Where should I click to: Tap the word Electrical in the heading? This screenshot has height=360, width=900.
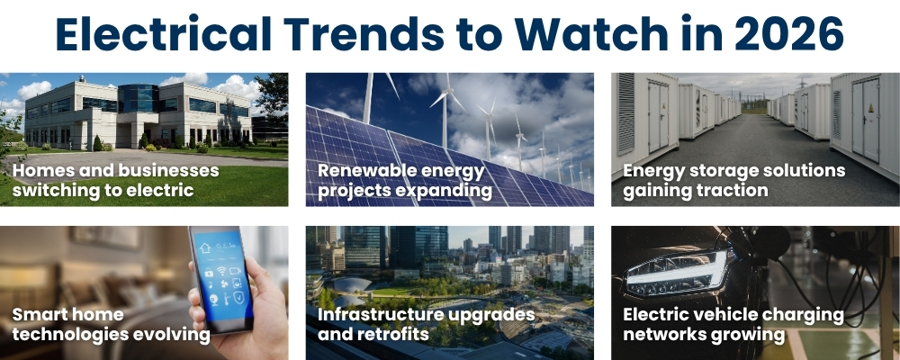[164, 34]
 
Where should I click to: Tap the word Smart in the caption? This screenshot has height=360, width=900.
[37, 315]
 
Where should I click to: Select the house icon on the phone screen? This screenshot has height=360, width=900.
[205, 248]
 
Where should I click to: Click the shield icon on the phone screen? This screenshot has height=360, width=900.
[238, 297]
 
